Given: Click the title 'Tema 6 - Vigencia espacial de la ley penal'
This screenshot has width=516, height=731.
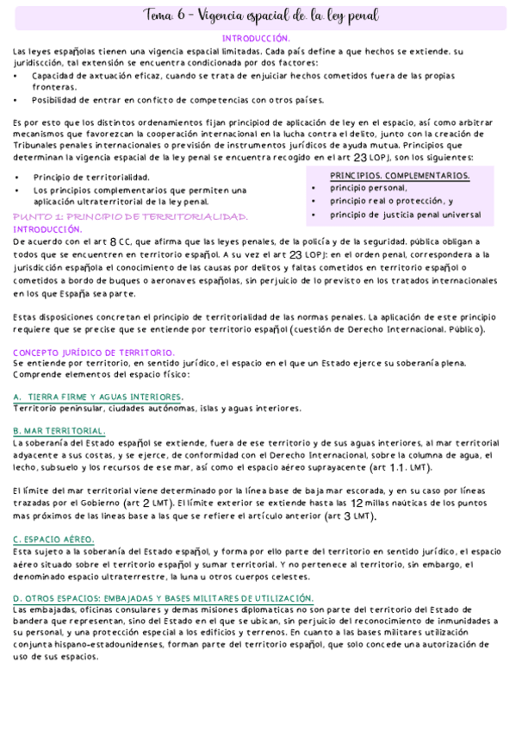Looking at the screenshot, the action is pyautogui.click(x=258, y=16).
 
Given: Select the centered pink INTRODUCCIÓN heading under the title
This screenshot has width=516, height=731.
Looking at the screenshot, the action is pyautogui.click(x=256, y=39).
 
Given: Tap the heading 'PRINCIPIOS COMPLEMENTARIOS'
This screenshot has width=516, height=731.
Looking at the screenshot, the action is pyautogui.click(x=400, y=175).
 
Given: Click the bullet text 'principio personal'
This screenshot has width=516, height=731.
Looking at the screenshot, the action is pyautogui.click(x=369, y=187).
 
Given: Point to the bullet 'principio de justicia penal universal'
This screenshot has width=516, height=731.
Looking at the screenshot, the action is pyautogui.click(x=405, y=215).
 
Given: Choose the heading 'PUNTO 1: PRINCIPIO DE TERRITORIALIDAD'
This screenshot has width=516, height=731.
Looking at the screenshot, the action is pyautogui.click(x=131, y=217).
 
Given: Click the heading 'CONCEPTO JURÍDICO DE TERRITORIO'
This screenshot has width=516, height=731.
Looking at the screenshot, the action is pyautogui.click(x=93, y=352).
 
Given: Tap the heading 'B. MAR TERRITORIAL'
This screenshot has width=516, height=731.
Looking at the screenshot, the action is pyautogui.click(x=59, y=430).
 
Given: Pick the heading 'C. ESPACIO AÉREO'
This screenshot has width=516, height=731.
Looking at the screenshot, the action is pyautogui.click(x=53, y=539).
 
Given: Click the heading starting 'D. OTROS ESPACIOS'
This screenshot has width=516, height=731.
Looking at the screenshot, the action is pyautogui.click(x=164, y=597).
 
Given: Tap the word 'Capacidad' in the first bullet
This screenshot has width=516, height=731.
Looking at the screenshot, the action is pyautogui.click(x=53, y=75).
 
